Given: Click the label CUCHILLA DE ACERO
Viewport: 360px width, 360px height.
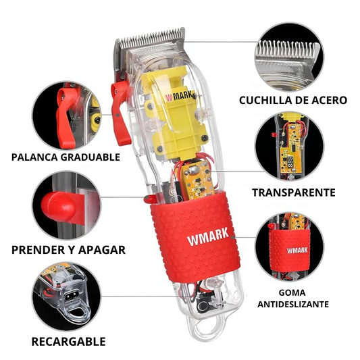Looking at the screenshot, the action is [293, 101].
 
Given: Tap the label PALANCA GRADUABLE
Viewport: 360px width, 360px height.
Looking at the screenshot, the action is [66, 157].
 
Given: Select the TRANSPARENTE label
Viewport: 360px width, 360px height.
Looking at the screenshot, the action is [294, 192].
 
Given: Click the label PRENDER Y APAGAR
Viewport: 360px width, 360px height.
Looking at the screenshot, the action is [68, 250].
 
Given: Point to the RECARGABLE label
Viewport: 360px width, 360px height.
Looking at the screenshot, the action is [68, 342].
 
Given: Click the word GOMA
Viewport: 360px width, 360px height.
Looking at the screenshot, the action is [292, 292].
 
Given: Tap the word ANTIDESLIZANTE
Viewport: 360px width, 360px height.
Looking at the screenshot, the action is [293, 304].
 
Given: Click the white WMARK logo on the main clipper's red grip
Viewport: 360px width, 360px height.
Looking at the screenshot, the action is [208, 237].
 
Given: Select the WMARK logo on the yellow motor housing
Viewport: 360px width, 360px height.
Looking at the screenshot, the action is [180, 96].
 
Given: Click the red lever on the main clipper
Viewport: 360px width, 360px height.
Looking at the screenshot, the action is [120, 113].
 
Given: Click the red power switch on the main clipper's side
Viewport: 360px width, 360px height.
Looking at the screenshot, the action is [149, 199].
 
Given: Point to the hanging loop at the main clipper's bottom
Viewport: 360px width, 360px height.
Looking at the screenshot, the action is [207, 328].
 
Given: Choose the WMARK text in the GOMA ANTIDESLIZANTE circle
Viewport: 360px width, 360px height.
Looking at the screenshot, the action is [297, 250].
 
